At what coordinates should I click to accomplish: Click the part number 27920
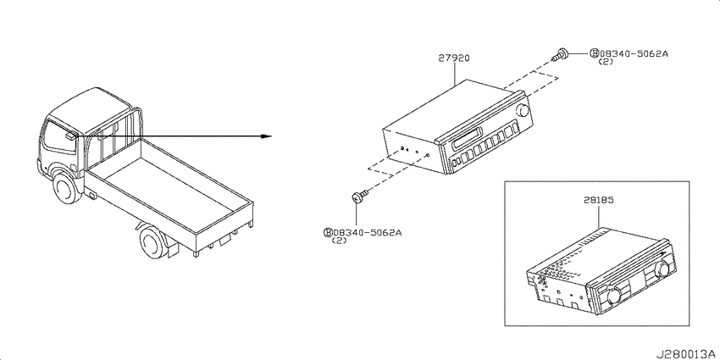(x=454, y=58)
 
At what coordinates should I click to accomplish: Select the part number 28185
(x=599, y=200)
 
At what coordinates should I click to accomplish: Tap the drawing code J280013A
(x=687, y=354)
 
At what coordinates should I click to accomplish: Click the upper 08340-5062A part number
(x=634, y=53)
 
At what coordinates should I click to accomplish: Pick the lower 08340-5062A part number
(x=368, y=233)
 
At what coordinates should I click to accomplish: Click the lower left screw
(x=358, y=197)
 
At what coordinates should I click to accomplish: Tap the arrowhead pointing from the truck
(x=266, y=136)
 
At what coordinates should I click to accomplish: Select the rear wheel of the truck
(x=153, y=241)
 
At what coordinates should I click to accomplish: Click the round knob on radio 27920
(x=523, y=111)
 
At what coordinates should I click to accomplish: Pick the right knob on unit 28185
(x=662, y=269)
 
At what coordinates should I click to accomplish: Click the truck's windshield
(x=58, y=136)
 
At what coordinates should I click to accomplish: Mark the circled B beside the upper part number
(x=594, y=53)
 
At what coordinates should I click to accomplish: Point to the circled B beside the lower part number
(x=329, y=233)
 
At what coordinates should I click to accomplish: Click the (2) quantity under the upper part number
(x=606, y=62)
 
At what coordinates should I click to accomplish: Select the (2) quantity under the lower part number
(x=339, y=241)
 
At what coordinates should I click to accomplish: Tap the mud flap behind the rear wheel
(x=173, y=248)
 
